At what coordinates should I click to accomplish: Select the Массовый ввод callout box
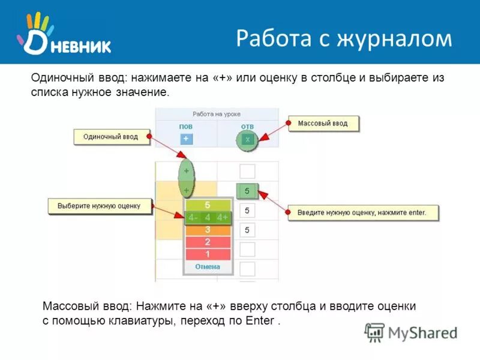(322, 124)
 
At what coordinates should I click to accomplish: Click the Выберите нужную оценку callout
(99, 206)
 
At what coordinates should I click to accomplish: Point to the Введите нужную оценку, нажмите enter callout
(362, 212)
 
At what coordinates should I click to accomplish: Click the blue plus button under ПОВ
(186, 139)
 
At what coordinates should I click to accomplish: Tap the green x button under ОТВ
(247, 139)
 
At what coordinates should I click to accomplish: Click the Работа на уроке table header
(217, 113)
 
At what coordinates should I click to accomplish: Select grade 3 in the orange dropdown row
(208, 230)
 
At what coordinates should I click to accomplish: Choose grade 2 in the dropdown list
(208, 242)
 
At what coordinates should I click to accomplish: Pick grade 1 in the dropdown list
(208, 254)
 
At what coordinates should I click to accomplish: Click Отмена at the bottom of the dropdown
(208, 266)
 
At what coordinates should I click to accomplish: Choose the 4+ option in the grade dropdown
(223, 217)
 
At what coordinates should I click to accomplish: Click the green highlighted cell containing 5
(247, 191)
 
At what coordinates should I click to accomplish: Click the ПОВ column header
(186, 127)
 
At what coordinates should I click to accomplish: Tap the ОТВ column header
(247, 127)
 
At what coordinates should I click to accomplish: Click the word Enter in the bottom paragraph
(260, 321)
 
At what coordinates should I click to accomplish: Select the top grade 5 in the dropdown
(208, 205)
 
